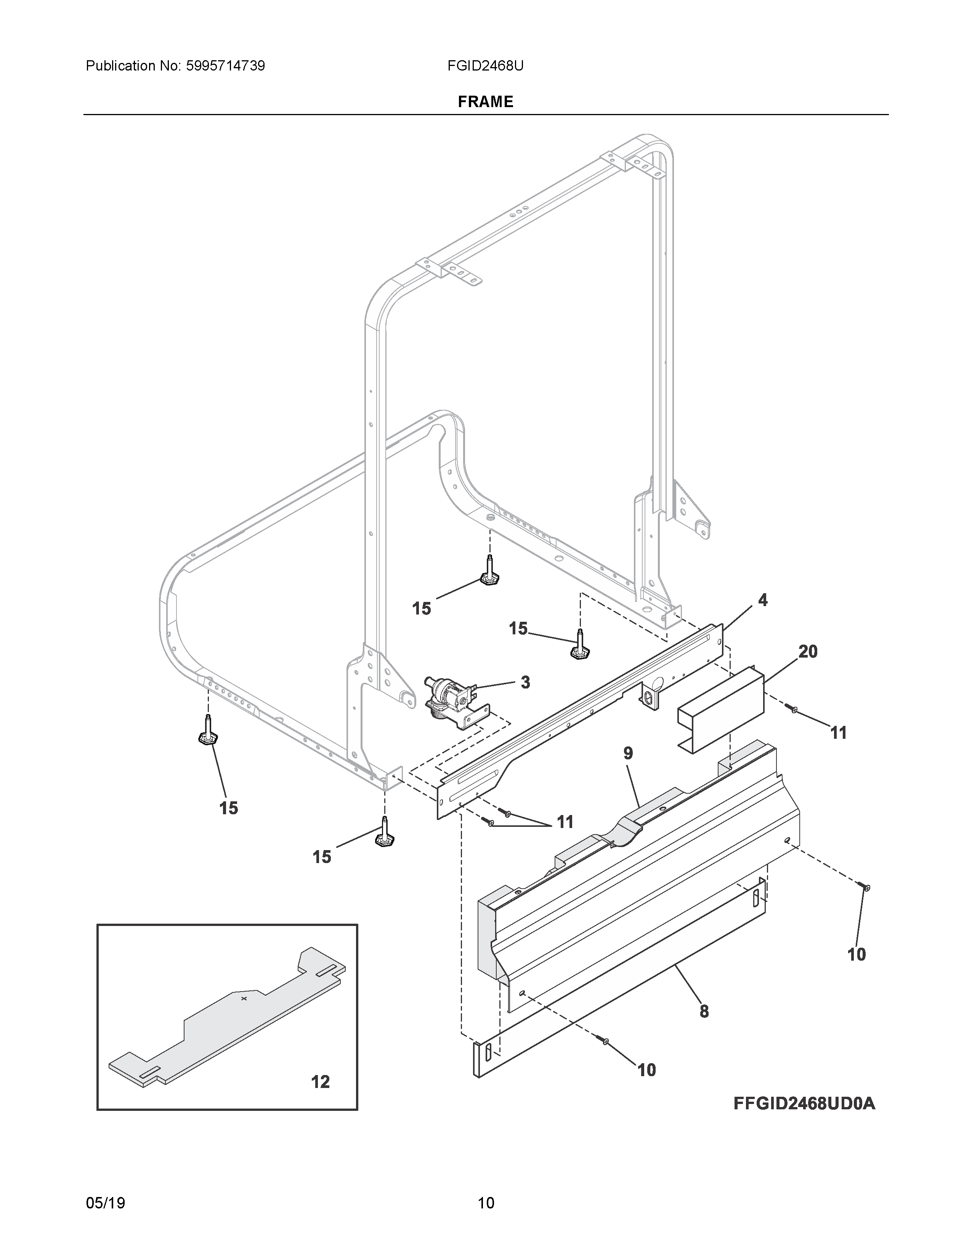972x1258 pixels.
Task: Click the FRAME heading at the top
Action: pos(485,102)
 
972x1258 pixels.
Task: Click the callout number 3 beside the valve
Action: pos(525,683)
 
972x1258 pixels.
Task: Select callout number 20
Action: pos(808,651)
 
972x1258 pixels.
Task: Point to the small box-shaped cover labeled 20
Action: pos(720,710)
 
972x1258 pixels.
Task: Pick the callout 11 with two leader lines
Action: pos(565,822)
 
